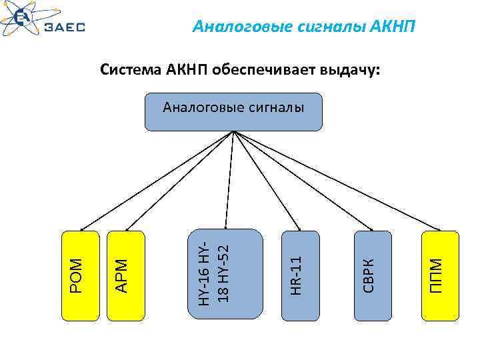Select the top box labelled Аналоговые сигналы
[x=233, y=111]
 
